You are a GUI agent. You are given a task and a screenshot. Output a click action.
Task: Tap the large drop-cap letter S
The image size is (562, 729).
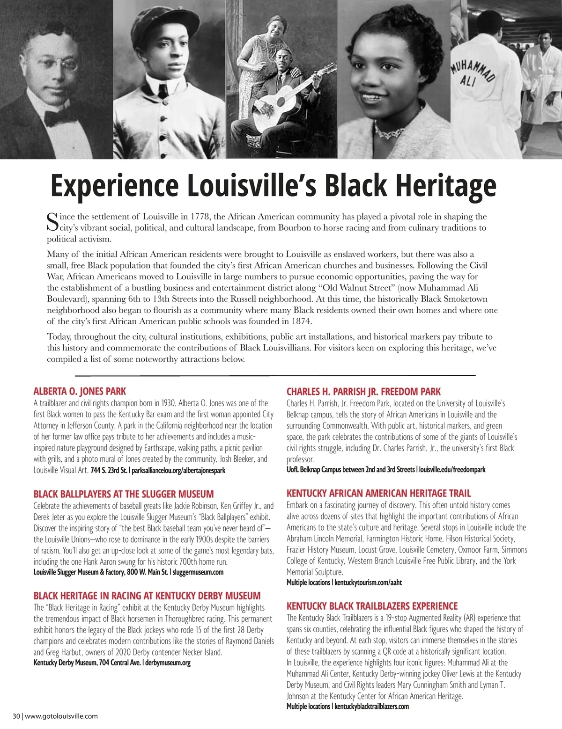tap(52, 222)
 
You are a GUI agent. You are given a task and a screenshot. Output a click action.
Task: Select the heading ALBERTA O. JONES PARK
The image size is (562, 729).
tap(80, 391)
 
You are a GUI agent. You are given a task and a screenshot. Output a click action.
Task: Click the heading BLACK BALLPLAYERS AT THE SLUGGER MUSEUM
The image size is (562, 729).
tap(123, 494)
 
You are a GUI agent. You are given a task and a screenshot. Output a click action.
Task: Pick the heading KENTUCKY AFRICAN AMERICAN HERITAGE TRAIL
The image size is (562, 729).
tap(378, 493)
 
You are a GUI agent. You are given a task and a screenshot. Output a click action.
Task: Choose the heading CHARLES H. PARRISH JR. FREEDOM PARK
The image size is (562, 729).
tap(363, 391)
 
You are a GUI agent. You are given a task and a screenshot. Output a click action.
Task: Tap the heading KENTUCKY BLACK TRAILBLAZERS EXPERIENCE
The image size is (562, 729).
tap(372, 606)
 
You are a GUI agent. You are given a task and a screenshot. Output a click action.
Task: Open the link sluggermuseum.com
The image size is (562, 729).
tap(198, 572)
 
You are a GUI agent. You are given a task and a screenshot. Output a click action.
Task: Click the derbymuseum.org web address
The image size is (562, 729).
tap(168, 663)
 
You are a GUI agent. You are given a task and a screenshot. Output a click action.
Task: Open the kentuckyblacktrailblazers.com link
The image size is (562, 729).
tap(371, 707)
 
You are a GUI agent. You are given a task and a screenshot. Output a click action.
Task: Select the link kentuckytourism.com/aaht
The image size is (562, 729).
tap(368, 583)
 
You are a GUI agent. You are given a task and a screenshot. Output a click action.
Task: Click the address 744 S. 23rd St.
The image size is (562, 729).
tap(109, 470)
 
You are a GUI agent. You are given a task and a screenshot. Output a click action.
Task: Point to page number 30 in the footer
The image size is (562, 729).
tap(16, 716)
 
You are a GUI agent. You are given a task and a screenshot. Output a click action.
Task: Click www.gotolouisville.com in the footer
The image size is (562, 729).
tap(61, 716)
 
